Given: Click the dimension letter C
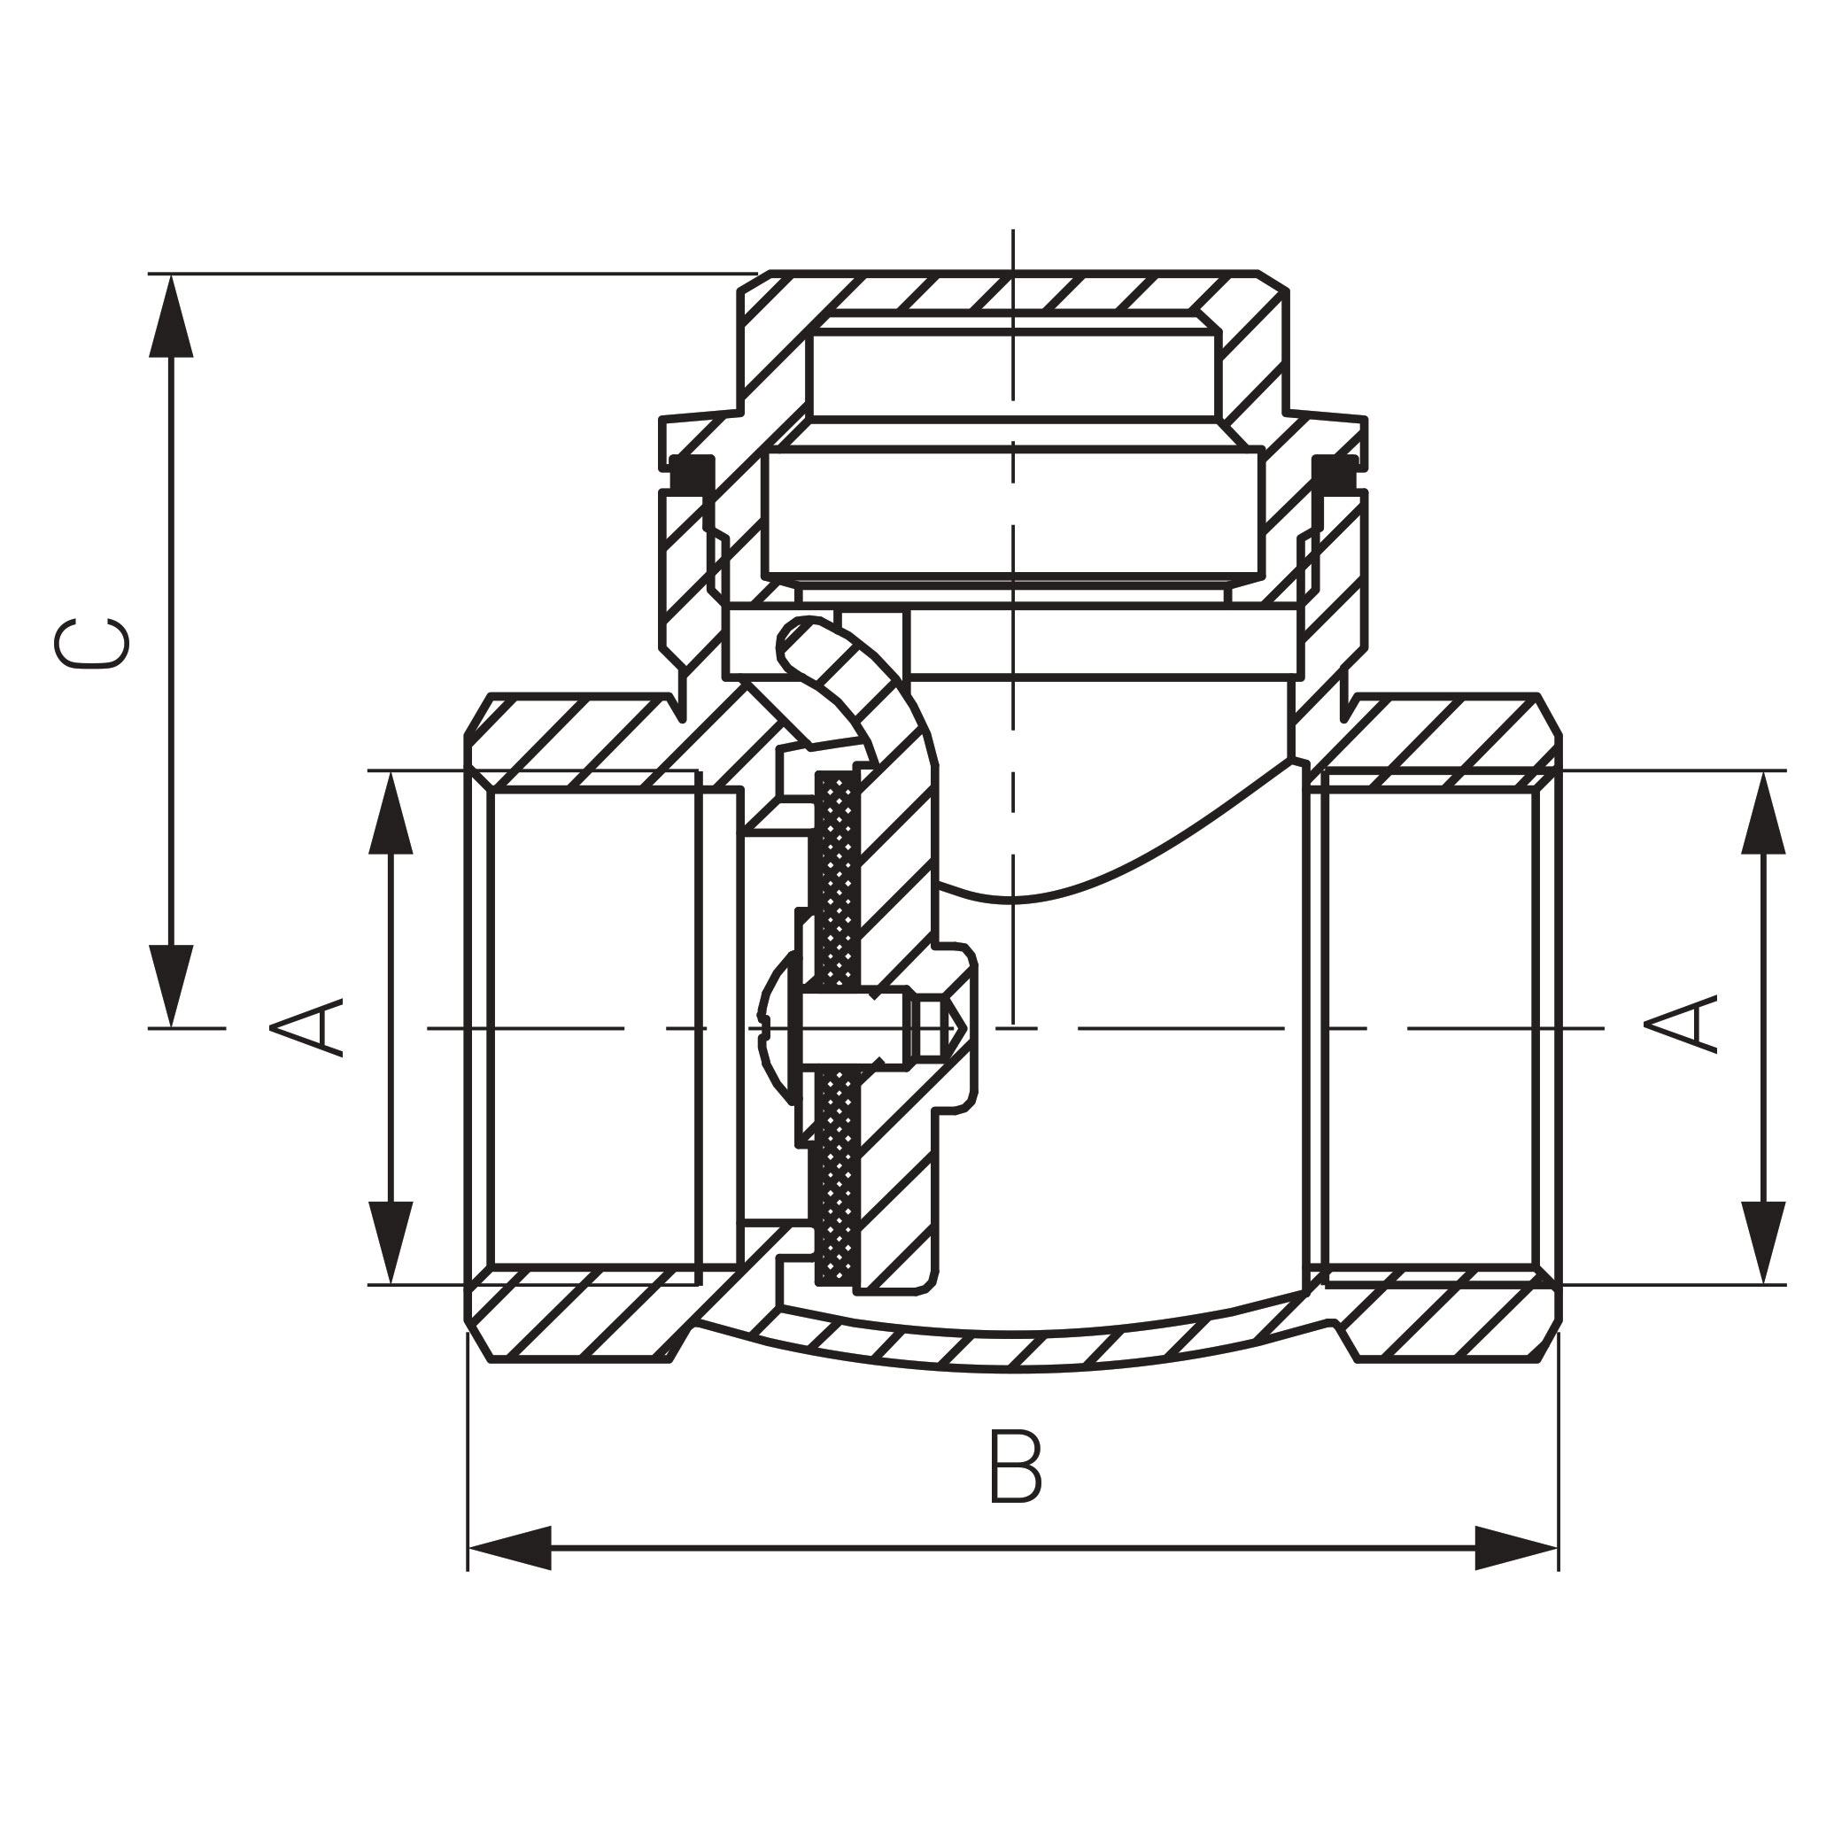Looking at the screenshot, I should coord(91,644).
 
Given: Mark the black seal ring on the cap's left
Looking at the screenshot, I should coord(692,474).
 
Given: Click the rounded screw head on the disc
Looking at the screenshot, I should coord(778,1028).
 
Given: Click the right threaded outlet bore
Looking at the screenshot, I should coord(1428,1027).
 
